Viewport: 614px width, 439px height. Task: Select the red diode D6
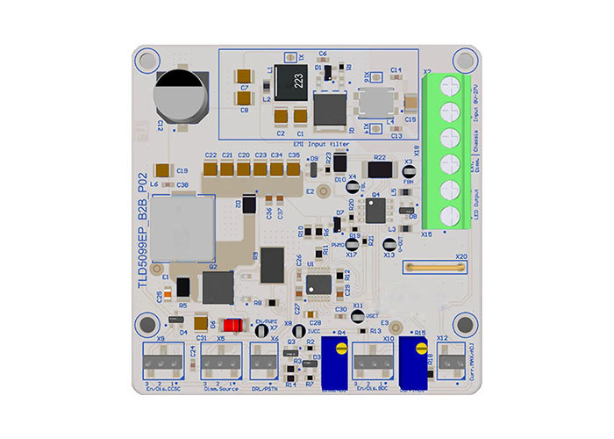(x=232, y=324)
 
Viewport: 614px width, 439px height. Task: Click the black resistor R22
(x=379, y=169)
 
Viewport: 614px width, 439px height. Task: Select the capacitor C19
(x=163, y=171)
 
